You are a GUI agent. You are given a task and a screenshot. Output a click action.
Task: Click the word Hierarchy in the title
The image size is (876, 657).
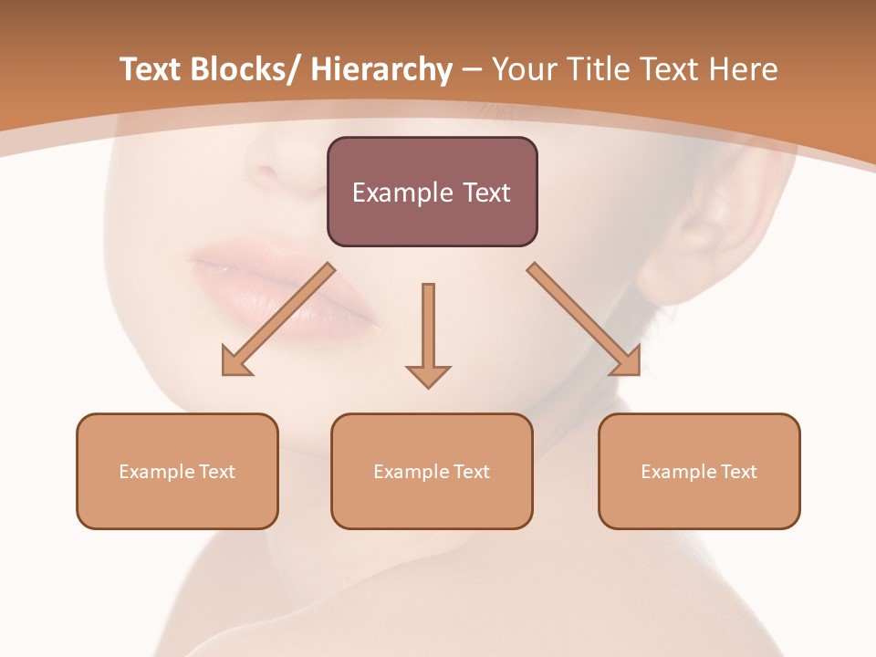pos(381,69)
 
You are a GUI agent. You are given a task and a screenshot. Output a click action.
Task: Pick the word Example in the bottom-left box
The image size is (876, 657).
pos(156,472)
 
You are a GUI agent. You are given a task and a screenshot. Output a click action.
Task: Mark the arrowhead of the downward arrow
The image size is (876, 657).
pos(428,375)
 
